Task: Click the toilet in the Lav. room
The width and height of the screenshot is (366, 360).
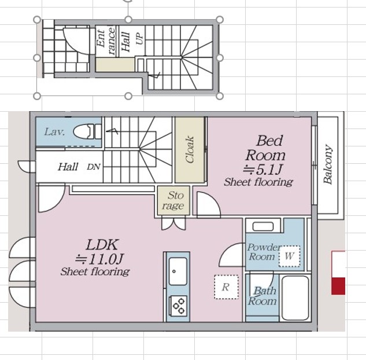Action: click(87, 132)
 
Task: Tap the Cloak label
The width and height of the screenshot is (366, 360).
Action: click(189, 149)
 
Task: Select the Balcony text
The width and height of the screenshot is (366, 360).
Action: click(327, 164)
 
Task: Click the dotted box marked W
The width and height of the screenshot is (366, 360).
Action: click(289, 256)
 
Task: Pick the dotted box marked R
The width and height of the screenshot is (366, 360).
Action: click(226, 287)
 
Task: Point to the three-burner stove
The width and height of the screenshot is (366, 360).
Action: click(178, 306)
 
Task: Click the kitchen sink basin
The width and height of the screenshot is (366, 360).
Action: click(178, 271)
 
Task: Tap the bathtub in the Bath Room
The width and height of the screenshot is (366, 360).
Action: click(295, 298)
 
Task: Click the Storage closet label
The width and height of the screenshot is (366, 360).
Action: click(174, 200)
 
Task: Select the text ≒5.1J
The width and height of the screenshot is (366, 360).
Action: click(263, 170)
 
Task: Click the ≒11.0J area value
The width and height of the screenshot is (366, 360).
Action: click(99, 259)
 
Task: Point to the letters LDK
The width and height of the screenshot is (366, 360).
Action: click(102, 245)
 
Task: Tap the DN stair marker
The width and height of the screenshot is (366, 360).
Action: click(94, 167)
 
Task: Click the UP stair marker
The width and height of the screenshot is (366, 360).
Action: click(139, 38)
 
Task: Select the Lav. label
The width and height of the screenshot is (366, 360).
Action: click(54, 132)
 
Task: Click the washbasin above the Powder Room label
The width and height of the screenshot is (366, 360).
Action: click(263, 226)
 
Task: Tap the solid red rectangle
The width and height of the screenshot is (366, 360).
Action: click(338, 286)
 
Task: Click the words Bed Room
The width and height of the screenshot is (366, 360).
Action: click(265, 148)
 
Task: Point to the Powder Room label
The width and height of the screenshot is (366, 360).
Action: click(263, 252)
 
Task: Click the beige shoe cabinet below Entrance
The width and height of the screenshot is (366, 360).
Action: click(115, 65)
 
